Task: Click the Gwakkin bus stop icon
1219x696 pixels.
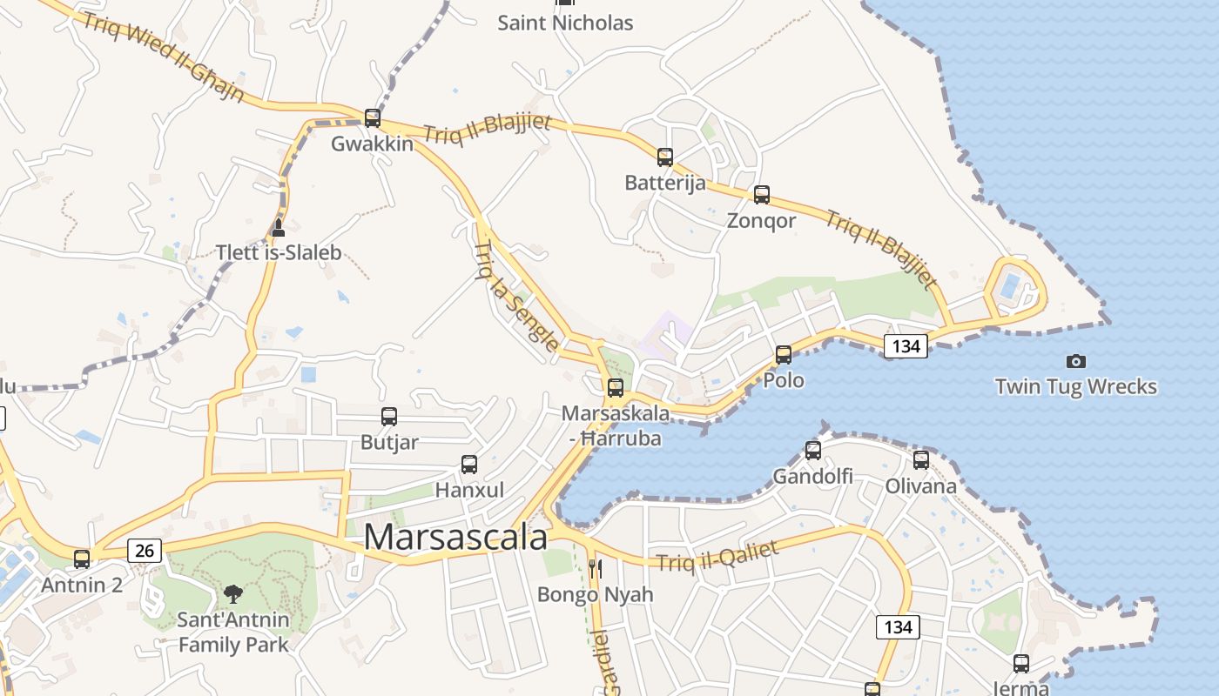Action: click(x=373, y=117)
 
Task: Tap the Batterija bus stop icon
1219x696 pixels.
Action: click(x=665, y=157)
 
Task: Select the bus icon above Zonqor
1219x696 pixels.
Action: click(x=762, y=195)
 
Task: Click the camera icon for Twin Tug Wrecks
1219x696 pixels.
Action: click(x=1076, y=361)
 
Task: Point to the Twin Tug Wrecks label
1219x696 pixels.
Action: click(x=1076, y=386)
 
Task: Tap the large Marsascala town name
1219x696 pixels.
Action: click(x=455, y=537)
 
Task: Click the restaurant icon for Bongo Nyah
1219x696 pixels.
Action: click(x=596, y=570)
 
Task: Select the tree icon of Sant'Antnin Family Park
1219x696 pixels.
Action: click(x=232, y=594)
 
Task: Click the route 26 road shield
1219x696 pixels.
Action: click(x=145, y=550)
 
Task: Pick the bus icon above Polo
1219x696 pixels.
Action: click(x=784, y=355)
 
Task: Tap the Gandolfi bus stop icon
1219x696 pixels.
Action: click(x=813, y=451)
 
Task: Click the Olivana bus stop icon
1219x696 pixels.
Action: click(x=921, y=460)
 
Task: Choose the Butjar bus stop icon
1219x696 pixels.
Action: click(x=389, y=417)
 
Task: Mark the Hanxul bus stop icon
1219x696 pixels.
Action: click(x=469, y=465)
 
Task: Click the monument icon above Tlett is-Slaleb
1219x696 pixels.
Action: click(x=279, y=228)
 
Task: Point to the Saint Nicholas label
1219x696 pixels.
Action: click(x=565, y=23)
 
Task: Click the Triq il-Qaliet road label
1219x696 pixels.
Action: click(x=717, y=556)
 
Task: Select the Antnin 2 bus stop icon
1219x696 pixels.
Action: click(x=82, y=559)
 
